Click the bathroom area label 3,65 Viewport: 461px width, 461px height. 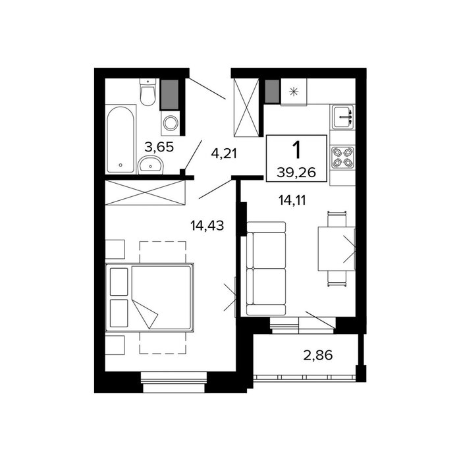click(159, 147)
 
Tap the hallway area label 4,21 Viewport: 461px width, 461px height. click(224, 153)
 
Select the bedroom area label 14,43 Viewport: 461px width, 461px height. click(207, 226)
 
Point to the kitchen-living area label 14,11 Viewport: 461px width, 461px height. click(292, 200)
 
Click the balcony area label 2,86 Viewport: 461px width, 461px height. click(318, 355)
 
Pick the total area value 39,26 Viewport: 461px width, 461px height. click(296, 173)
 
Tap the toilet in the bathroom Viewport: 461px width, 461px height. click(148, 92)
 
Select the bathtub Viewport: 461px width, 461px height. click(121, 140)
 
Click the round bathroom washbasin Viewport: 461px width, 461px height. click(150, 165)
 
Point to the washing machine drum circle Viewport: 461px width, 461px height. click(171, 123)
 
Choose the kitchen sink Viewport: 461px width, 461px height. click(342, 117)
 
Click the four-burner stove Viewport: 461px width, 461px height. click(342, 157)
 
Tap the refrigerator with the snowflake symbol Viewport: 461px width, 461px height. click(294, 92)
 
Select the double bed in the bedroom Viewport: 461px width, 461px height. click(149, 298)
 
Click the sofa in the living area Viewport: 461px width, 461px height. click(266, 269)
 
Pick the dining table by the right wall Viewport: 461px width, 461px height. click(337, 249)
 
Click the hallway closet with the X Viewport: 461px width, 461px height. click(246, 107)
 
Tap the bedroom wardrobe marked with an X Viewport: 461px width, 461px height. click(146, 192)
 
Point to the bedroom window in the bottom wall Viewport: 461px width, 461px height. click(174, 382)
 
